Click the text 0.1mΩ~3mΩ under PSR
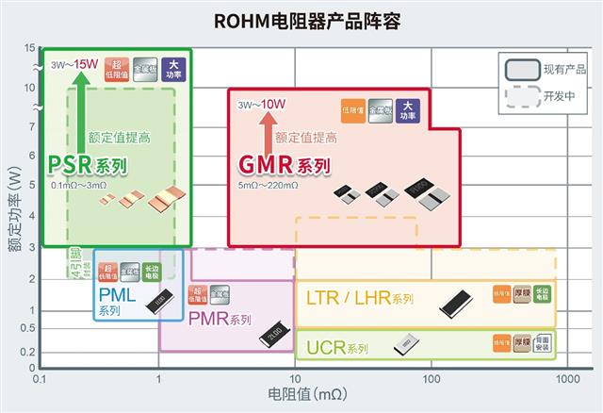tap(78, 186)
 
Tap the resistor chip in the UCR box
tap(404, 344)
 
